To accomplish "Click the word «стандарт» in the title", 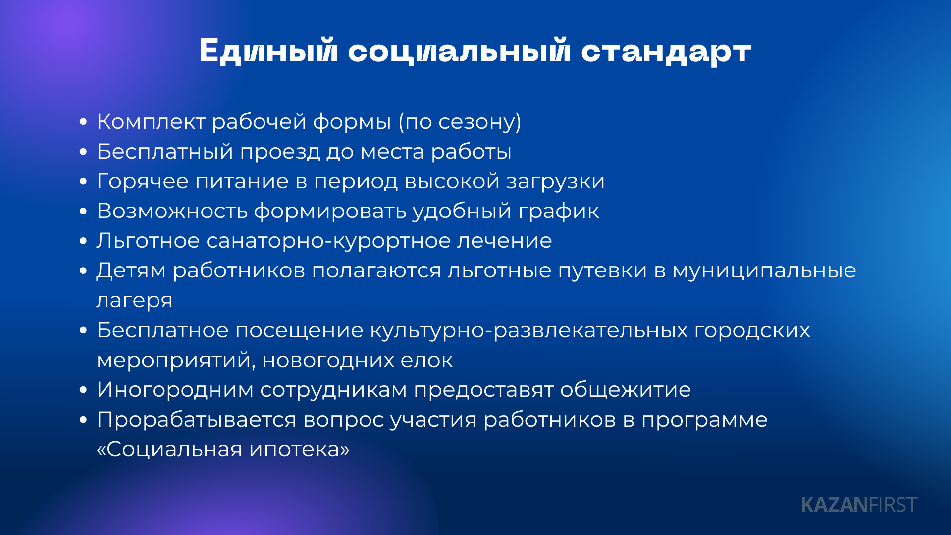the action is tap(666, 52).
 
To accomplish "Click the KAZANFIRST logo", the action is tap(859, 505).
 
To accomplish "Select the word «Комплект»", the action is tap(151, 122).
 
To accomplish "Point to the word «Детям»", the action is tap(131, 271).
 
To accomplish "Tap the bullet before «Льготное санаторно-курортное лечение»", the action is tap(83, 241).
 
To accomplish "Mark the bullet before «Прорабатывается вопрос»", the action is tap(83, 420).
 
